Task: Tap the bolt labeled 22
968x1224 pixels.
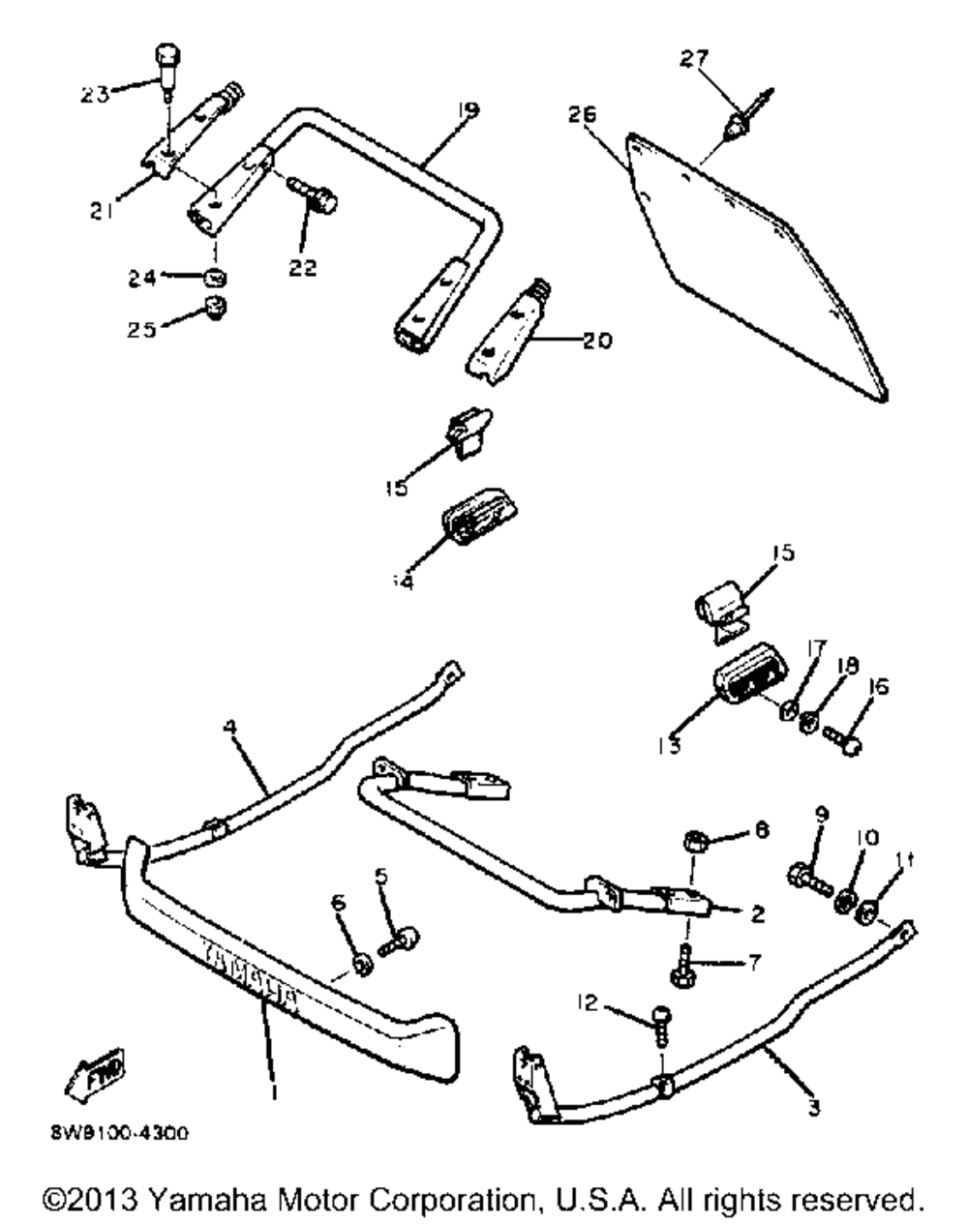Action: pos(316,196)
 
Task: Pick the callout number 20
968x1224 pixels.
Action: pos(597,341)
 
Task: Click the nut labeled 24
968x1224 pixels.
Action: pos(217,279)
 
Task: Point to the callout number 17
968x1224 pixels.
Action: pos(811,668)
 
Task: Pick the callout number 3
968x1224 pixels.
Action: pos(813,1109)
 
